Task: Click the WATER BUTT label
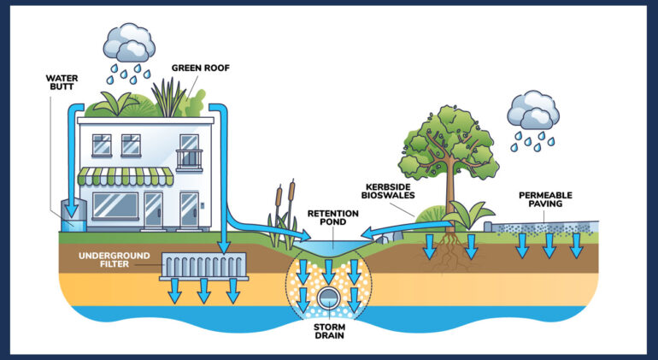(62, 82)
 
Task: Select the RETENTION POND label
(333, 218)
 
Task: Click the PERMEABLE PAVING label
(545, 200)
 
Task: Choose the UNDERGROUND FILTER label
(115, 261)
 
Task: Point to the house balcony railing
(189, 159)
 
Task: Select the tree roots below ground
(448, 253)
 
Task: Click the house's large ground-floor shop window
(115, 206)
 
